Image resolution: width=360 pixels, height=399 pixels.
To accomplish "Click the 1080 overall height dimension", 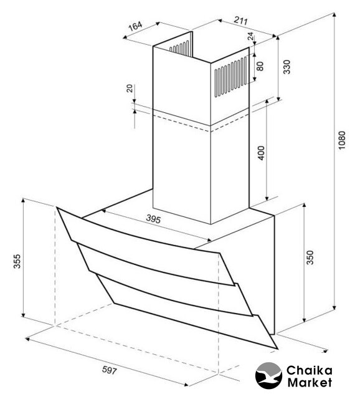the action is click(342, 140).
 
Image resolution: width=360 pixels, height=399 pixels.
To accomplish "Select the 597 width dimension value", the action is click(110, 370).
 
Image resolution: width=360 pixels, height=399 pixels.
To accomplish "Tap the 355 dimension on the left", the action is click(17, 261).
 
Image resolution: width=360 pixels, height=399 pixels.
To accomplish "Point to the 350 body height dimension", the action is click(310, 257).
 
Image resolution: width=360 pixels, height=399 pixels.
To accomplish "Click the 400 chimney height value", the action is click(262, 153).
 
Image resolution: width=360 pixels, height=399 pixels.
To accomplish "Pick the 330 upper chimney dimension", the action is click(287, 67).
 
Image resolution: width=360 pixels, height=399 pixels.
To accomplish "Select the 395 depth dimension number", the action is click(153, 219).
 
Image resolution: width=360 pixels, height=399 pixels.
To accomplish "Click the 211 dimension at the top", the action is click(240, 20).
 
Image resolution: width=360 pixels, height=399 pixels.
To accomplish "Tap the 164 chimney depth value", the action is click(135, 26).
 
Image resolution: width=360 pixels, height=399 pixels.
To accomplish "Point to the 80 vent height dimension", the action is click(260, 66).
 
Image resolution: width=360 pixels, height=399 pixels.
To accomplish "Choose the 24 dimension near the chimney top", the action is click(250, 36).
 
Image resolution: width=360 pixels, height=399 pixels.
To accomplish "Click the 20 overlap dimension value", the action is click(130, 88).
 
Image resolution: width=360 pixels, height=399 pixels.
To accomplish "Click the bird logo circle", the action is click(268, 375).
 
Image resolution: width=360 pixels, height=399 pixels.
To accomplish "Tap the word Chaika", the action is click(309, 370).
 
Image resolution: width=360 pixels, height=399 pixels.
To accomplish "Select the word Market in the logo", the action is click(310, 382).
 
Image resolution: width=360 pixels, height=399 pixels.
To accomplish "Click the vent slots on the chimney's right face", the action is click(230, 77).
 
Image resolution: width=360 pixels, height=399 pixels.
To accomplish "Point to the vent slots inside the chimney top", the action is click(179, 48).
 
